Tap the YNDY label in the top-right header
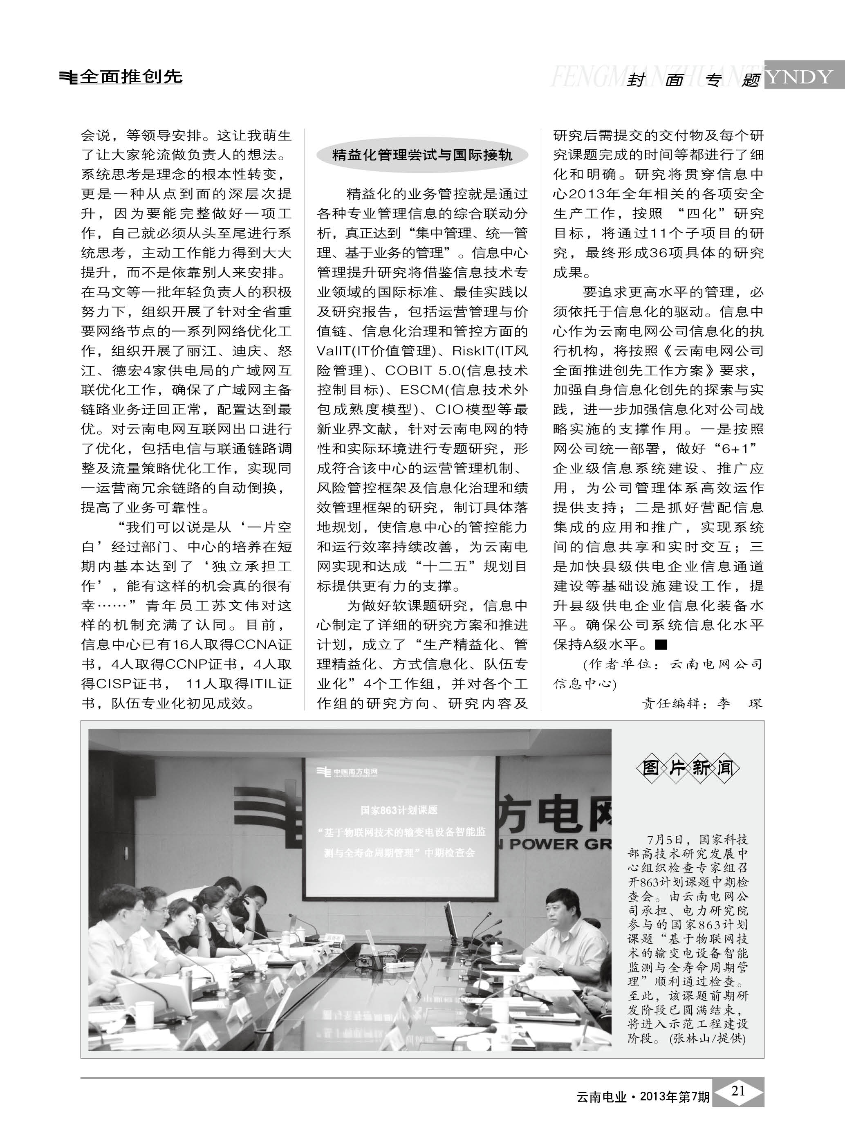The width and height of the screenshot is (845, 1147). pyautogui.click(x=800, y=77)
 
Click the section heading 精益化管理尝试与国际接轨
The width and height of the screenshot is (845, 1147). pyautogui.click(x=422, y=155)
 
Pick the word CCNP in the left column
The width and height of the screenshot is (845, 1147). pyautogui.click(x=192, y=664)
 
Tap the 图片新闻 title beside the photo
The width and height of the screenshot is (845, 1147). pyautogui.click(x=688, y=768)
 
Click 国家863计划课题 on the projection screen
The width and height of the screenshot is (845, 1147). pyautogui.click(x=399, y=810)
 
